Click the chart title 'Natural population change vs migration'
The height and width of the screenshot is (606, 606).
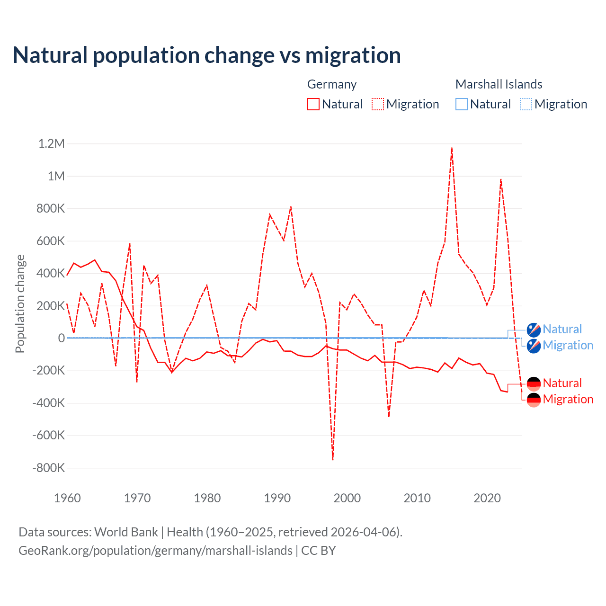click(x=207, y=55)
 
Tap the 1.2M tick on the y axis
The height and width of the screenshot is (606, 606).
click(x=51, y=143)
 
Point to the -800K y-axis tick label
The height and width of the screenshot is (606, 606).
click(x=48, y=468)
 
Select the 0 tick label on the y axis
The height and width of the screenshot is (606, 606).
click(x=61, y=338)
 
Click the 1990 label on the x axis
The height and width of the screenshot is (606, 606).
click(x=277, y=498)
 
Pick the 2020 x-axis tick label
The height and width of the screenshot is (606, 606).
click(x=487, y=498)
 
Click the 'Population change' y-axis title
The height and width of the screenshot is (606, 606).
click(x=20, y=303)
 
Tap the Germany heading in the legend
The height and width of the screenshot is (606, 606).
click(x=332, y=84)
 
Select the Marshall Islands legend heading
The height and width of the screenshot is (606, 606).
click(x=499, y=84)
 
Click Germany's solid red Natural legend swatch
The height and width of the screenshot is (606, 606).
click(x=313, y=104)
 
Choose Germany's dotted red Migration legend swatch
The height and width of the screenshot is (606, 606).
click(x=378, y=104)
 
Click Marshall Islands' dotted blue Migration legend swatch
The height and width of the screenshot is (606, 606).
click(x=526, y=104)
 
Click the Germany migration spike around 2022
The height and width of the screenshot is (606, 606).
click(x=501, y=179)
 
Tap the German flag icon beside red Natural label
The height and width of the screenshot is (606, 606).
click(x=534, y=383)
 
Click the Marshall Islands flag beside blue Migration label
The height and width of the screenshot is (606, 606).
click(x=534, y=346)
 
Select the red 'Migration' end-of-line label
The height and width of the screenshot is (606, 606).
click(x=568, y=399)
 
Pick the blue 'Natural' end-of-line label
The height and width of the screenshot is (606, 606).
click(x=562, y=329)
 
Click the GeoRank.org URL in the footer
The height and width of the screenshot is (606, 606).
click(x=155, y=551)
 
